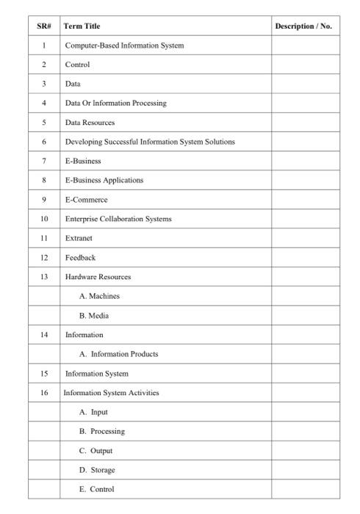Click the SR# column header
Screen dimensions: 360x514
pyautogui.click(x=44, y=26)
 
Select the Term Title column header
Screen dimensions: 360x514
pyautogui.click(x=82, y=26)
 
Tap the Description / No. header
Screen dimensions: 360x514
pyautogui.click(x=303, y=26)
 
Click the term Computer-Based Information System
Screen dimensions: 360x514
pyautogui.click(x=124, y=46)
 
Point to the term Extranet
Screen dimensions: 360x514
pyautogui.click(x=79, y=238)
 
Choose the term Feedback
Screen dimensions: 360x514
pyautogui.click(x=80, y=258)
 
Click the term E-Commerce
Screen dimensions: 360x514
pyautogui.click(x=86, y=200)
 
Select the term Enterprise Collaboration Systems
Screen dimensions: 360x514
pyautogui.click(x=118, y=219)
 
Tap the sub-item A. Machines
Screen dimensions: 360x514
pyautogui.click(x=99, y=296)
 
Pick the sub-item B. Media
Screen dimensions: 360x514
pyautogui.click(x=94, y=316)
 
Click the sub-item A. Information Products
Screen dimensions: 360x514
pyautogui.click(x=119, y=354)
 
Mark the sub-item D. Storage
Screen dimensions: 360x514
pyautogui.click(x=97, y=470)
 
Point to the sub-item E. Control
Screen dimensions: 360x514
pyautogui.click(x=97, y=489)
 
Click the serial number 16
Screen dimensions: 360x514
pyautogui.click(x=44, y=393)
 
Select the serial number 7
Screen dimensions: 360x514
pyautogui.click(x=44, y=161)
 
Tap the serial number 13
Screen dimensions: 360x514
pyautogui.click(x=44, y=277)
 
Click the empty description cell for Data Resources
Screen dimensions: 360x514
pyautogui.click(x=306, y=123)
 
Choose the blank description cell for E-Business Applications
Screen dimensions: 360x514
pyautogui.click(x=306, y=180)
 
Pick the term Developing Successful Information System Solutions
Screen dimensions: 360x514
pyautogui.click(x=150, y=142)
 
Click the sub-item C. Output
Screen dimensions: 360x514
pyautogui.click(x=96, y=451)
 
